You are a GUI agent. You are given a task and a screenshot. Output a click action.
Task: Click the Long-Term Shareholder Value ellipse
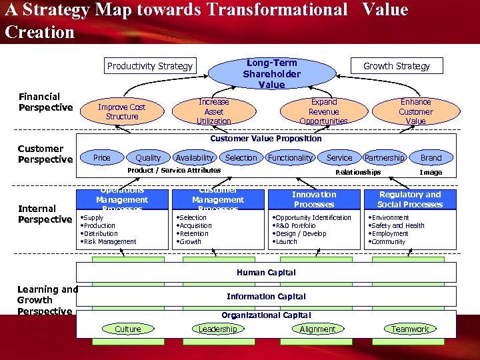[271, 73]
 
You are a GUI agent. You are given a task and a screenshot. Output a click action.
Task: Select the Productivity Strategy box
[150, 65]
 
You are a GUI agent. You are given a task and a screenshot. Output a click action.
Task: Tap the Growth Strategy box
[396, 65]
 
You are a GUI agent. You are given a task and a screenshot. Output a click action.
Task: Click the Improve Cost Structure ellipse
[122, 111]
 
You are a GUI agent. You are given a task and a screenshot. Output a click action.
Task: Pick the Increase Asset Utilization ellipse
[214, 111]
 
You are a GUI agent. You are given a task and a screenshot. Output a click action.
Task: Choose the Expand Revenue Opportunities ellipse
[324, 111]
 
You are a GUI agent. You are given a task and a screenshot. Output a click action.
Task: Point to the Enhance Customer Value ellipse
[415, 111]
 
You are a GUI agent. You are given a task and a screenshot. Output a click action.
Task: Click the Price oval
[102, 158]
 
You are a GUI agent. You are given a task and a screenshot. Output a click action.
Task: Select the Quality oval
[148, 158]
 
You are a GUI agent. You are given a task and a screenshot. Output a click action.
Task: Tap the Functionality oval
[290, 158]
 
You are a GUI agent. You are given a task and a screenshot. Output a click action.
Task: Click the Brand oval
[431, 158]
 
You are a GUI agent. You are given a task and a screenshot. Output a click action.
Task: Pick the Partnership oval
[385, 158]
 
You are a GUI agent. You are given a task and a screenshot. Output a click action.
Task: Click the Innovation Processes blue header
[314, 199]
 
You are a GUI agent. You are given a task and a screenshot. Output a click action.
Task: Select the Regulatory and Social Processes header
[410, 199]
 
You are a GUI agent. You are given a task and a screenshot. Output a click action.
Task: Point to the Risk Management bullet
[110, 242]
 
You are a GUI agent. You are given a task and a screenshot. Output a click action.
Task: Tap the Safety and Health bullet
[398, 226]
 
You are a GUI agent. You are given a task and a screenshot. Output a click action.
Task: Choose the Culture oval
[128, 329]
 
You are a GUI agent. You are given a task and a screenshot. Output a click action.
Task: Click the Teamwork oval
[410, 329]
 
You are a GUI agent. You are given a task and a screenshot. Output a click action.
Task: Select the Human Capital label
[266, 272]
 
